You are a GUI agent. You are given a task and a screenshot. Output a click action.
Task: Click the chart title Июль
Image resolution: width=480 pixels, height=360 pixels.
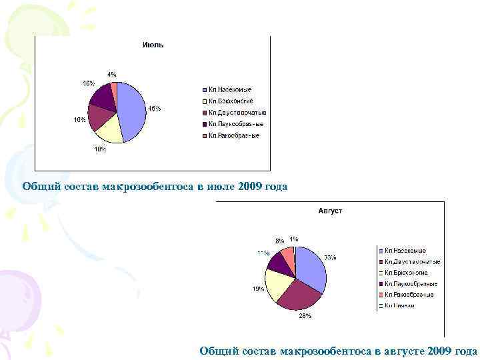pyautogui.click(x=153, y=45)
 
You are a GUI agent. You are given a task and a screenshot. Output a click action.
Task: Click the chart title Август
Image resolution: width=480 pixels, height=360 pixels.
pyautogui.click(x=330, y=211)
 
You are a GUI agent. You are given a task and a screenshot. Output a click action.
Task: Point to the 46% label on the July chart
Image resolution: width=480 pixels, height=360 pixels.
pyautogui.click(x=154, y=108)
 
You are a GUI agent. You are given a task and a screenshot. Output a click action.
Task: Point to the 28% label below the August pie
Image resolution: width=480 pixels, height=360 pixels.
pyautogui.click(x=304, y=317)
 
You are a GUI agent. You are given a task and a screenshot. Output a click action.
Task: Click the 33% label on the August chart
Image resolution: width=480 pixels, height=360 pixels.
pyautogui.click(x=330, y=257)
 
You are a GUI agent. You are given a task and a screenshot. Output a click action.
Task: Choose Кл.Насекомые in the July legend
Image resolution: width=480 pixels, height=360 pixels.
pyautogui.click(x=230, y=89)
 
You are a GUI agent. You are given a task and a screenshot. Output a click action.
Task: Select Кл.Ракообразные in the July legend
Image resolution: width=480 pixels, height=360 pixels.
pyautogui.click(x=234, y=135)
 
